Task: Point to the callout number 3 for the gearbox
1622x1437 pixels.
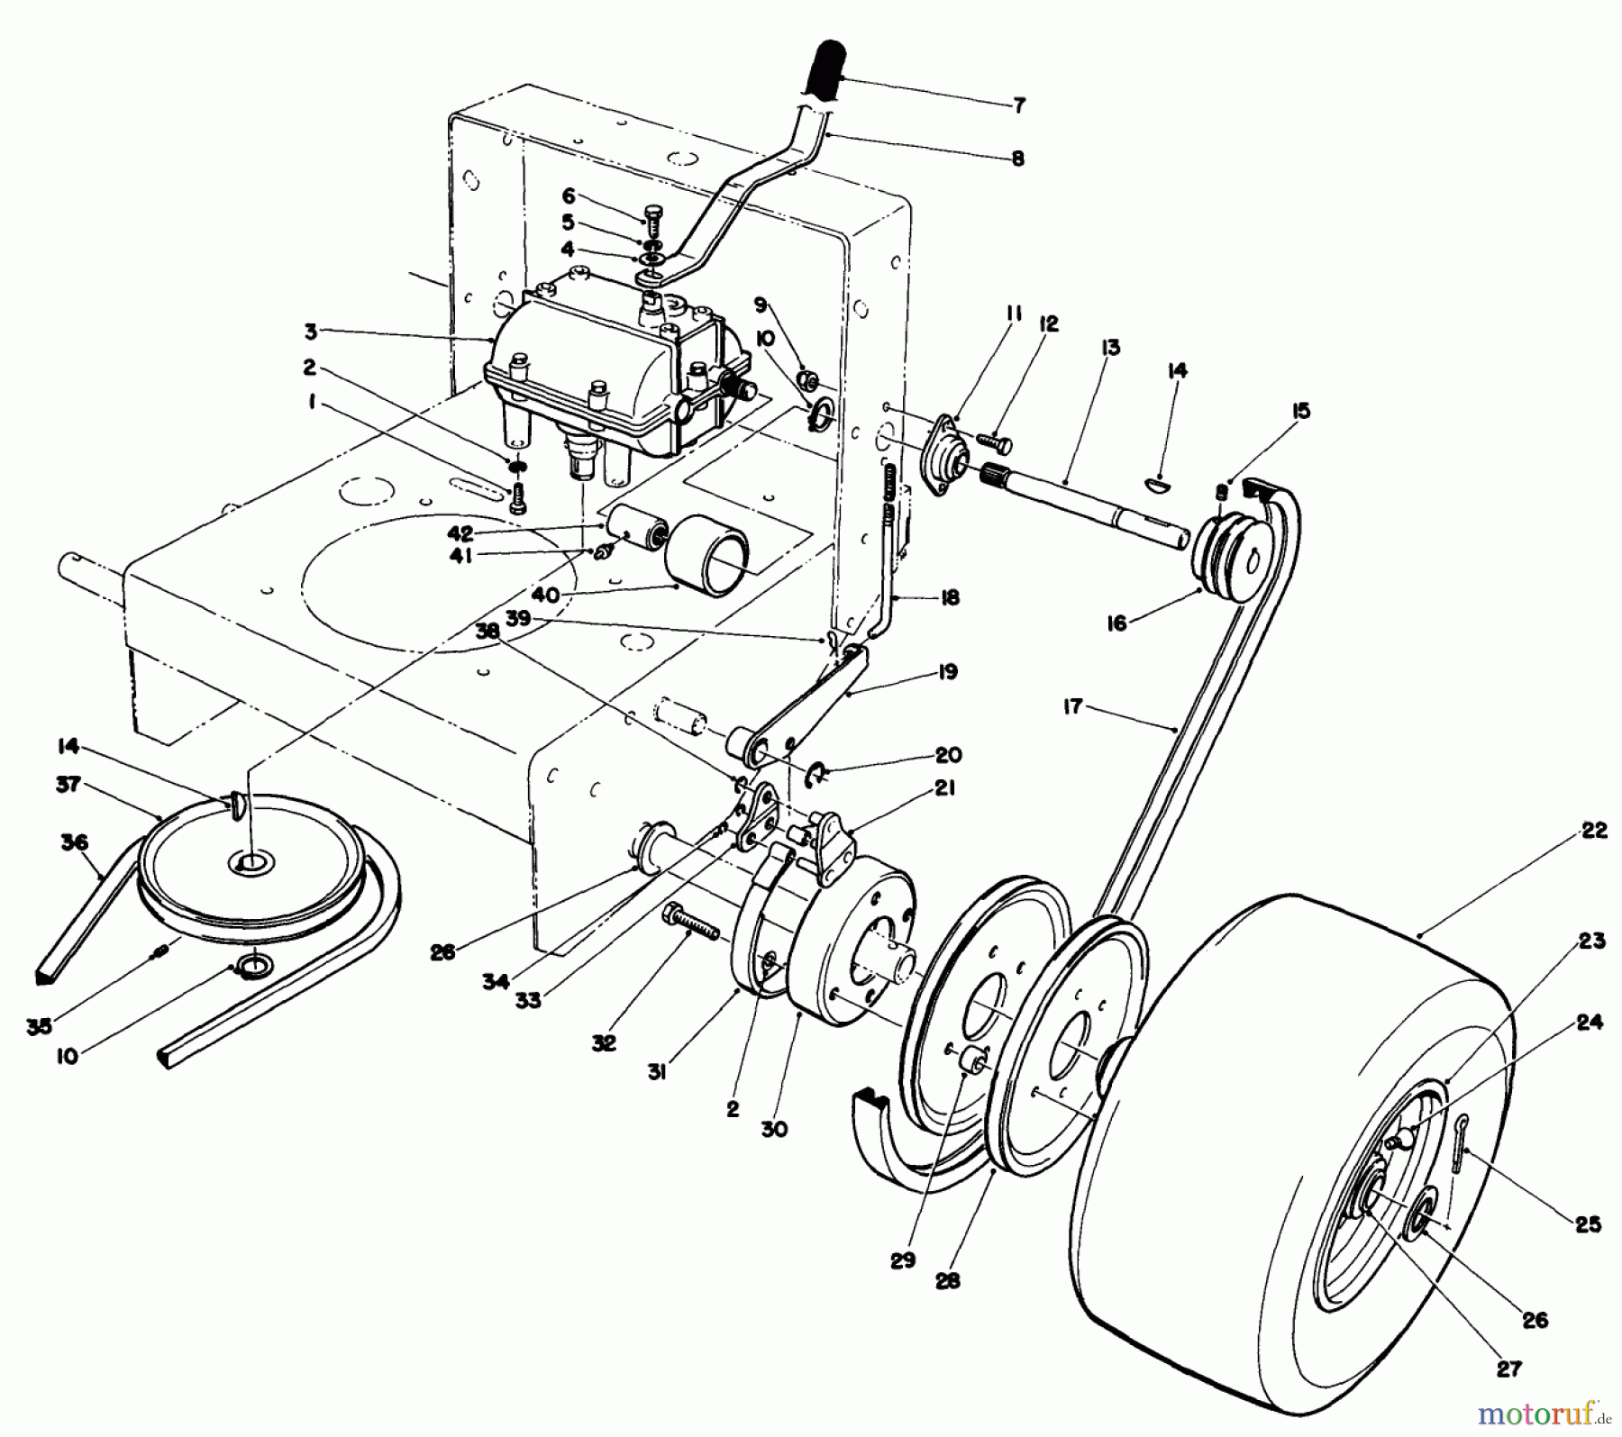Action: point(310,332)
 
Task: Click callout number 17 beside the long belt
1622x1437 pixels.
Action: point(1071,707)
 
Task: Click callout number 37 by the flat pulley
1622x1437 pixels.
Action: point(67,785)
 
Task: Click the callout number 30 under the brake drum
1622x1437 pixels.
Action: point(773,1129)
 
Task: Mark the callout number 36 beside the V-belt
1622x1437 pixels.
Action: point(74,842)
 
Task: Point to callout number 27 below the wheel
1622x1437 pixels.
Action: point(1508,1369)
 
